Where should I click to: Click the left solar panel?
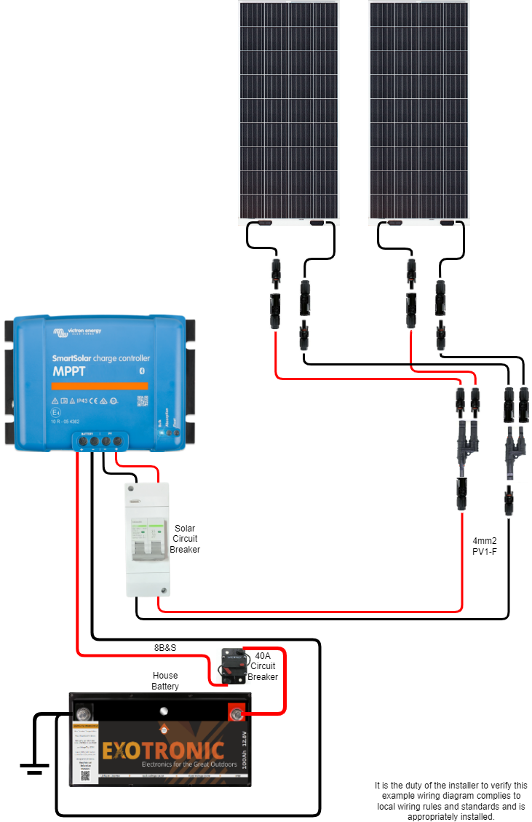click(x=289, y=109)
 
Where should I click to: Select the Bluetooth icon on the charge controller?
click(x=142, y=371)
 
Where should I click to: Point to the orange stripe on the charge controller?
click(x=100, y=385)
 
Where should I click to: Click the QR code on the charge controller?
click(x=142, y=401)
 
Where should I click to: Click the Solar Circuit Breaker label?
click(x=184, y=539)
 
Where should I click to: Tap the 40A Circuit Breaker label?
click(x=263, y=666)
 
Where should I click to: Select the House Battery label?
click(x=165, y=681)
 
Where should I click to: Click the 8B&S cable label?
click(x=165, y=647)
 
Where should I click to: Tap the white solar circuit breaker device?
click(x=147, y=539)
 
